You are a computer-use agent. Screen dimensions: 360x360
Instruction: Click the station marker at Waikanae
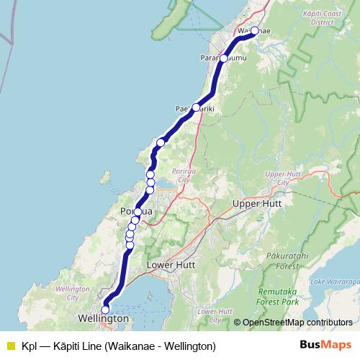coord(255,30)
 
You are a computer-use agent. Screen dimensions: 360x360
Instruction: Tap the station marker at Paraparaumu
coord(224,58)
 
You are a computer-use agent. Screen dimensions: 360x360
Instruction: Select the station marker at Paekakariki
coord(196,107)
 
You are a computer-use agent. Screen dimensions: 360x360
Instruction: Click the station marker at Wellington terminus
coord(105,310)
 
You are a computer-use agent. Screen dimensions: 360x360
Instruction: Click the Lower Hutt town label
coord(171,264)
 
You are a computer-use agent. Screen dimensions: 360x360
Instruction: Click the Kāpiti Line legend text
coord(119,346)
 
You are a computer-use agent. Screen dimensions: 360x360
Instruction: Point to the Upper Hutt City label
coord(279,178)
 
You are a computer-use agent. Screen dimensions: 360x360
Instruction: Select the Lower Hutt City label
coord(210,315)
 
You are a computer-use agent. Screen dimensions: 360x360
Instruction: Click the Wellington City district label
coord(78,292)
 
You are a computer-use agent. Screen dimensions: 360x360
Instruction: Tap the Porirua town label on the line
coord(137,210)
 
